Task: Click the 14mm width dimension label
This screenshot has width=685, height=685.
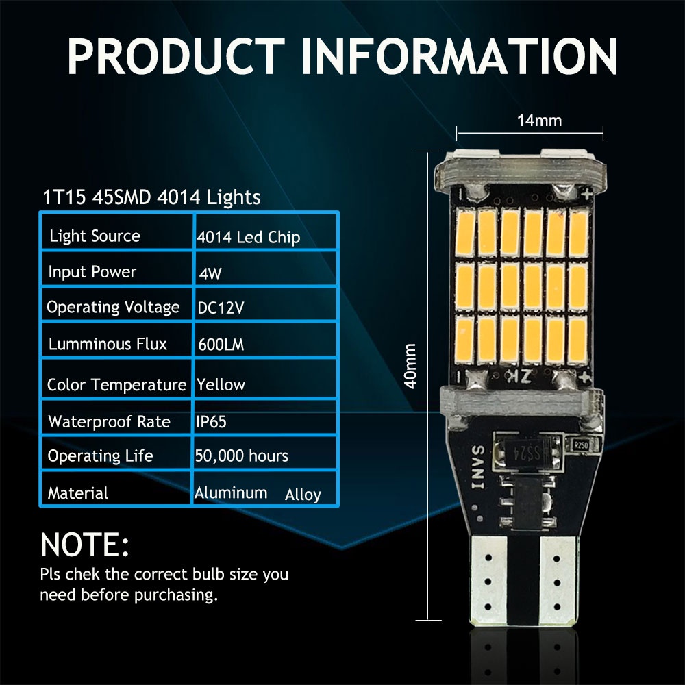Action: tap(539, 121)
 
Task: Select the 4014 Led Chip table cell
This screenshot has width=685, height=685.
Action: tap(248, 238)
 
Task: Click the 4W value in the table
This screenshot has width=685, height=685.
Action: tap(210, 273)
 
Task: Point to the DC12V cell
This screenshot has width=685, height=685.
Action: tap(221, 308)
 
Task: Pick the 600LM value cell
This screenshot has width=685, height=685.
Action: tap(220, 345)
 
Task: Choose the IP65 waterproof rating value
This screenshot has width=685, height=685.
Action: tap(211, 421)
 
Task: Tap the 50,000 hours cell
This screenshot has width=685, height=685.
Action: tap(241, 456)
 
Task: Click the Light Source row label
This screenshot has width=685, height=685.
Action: tap(95, 236)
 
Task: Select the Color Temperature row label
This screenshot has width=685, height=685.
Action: tap(116, 385)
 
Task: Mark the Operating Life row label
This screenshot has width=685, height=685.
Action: tap(100, 456)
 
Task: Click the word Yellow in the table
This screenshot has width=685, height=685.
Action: tap(221, 384)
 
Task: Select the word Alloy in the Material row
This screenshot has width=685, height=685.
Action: tap(303, 495)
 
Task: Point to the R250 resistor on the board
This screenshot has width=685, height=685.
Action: tap(583, 445)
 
